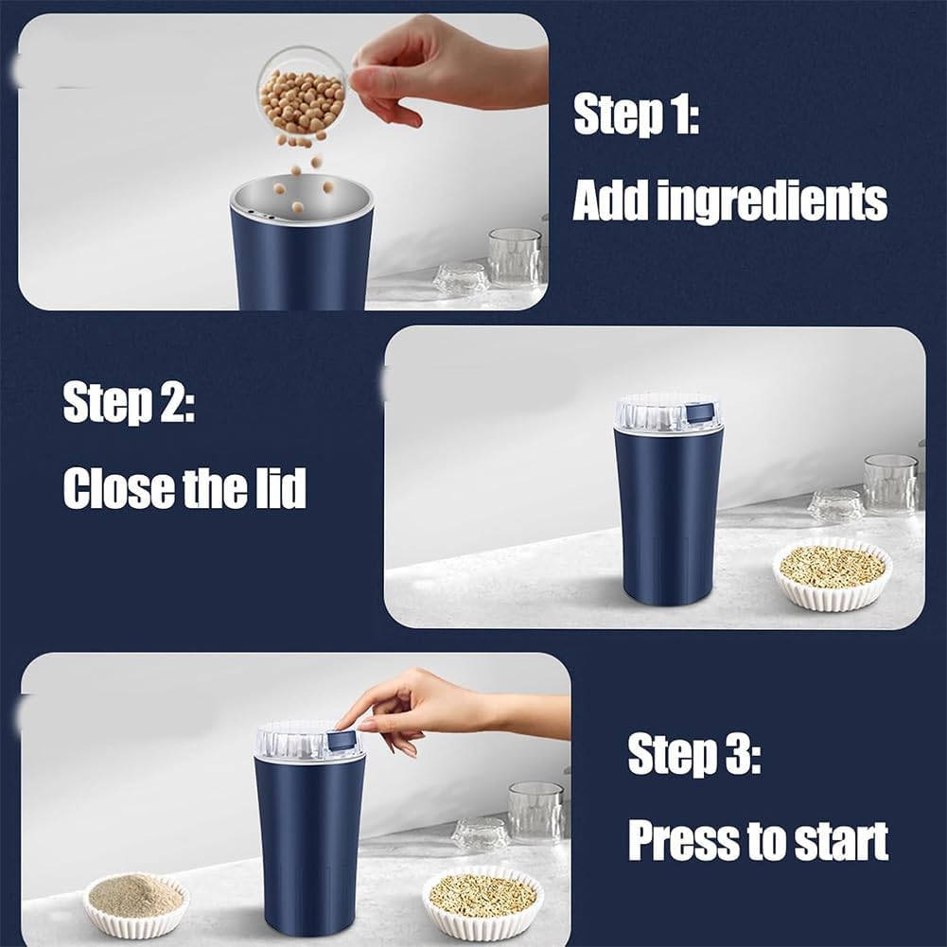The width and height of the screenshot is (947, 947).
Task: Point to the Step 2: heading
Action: click(x=129, y=403)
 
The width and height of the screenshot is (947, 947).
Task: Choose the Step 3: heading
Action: click(x=693, y=755)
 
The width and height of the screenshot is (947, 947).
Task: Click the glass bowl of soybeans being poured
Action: click(x=302, y=93)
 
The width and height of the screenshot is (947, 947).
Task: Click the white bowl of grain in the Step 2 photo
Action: click(x=832, y=571)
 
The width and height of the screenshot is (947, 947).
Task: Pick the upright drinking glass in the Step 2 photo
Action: click(x=890, y=483)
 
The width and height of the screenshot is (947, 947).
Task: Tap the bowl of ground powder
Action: click(x=135, y=903)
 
